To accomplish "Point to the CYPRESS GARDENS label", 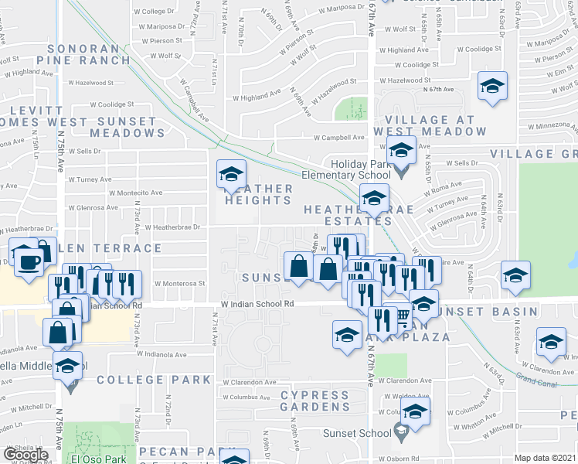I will (x=314, y=401).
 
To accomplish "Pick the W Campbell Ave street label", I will (x=338, y=138).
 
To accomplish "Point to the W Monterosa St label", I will (x=179, y=283).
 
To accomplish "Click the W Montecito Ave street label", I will (x=136, y=193).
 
